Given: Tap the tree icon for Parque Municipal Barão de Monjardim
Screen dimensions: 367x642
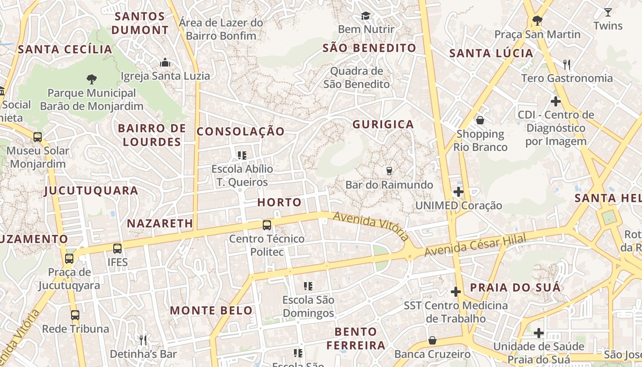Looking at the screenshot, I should pyautogui.click(x=91, y=79).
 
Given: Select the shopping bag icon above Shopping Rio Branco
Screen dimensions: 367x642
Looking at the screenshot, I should pyautogui.click(x=480, y=120).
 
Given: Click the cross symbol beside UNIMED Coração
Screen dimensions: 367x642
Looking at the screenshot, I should pyautogui.click(x=458, y=191).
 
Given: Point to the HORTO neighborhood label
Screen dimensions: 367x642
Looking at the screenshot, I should pyautogui.click(x=279, y=202).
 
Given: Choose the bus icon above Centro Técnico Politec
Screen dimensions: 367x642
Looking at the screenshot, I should pyautogui.click(x=266, y=225).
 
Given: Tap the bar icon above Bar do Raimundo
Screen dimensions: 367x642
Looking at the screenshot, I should pyautogui.click(x=389, y=171).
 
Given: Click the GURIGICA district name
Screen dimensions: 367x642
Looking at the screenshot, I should pyautogui.click(x=383, y=124).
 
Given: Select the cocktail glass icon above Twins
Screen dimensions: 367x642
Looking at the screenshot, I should pyautogui.click(x=608, y=12).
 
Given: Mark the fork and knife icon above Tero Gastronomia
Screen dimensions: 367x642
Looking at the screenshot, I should pyautogui.click(x=567, y=64).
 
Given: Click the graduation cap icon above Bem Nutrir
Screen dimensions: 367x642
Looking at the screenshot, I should pyautogui.click(x=365, y=16).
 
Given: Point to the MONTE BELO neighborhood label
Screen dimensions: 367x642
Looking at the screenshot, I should pyautogui.click(x=211, y=311).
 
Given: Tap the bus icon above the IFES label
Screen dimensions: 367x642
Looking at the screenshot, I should pyautogui.click(x=117, y=248).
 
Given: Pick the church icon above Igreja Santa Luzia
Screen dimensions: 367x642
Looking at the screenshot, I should pyautogui.click(x=165, y=62).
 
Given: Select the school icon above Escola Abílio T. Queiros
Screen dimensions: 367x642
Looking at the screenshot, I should pyautogui.click(x=242, y=155).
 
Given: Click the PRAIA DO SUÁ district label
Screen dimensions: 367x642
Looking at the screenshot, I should pyautogui.click(x=515, y=288).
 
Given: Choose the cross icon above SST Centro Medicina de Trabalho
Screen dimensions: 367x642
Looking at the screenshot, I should pyautogui.click(x=455, y=291).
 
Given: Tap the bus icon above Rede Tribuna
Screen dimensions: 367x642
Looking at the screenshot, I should pyautogui.click(x=75, y=315).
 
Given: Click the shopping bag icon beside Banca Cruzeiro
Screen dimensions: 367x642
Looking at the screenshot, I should pyautogui.click(x=432, y=340).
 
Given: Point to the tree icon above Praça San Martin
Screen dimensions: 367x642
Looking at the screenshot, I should pyautogui.click(x=537, y=20).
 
